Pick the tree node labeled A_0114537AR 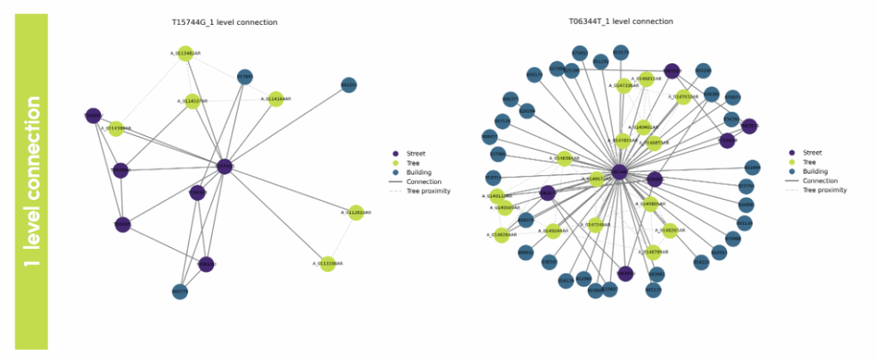[192, 102]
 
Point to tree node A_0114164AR [275, 99]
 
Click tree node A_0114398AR [115, 129]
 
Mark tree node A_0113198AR [325, 263]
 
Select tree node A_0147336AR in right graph [625, 86]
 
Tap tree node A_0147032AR [683, 97]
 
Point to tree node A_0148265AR [669, 231]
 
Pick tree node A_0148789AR [652, 251]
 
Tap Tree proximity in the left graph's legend [429, 191]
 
